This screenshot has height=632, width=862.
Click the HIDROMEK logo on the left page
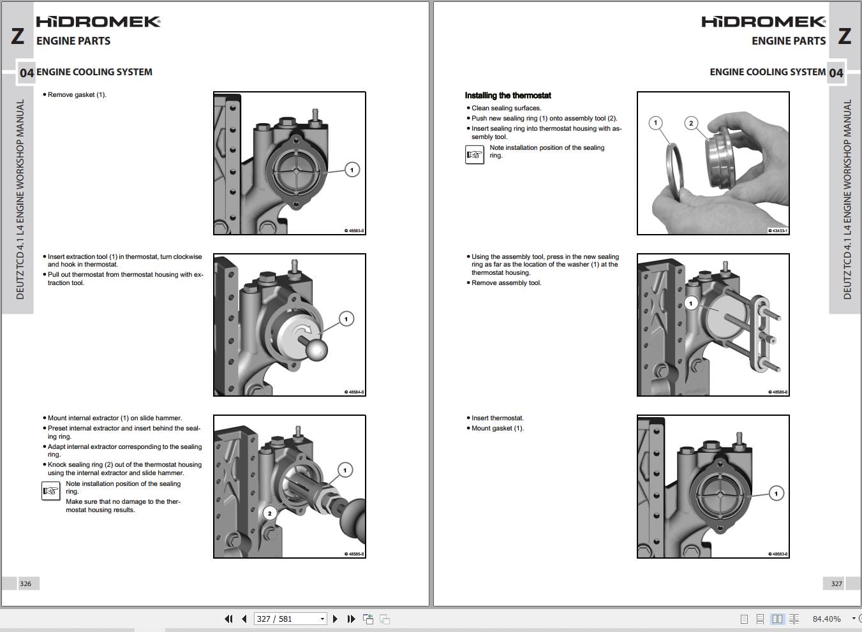98,22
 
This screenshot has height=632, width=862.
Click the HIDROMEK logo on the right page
763,22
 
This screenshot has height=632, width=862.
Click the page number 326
26,584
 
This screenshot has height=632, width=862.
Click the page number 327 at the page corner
836,584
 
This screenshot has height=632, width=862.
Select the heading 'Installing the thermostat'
508,96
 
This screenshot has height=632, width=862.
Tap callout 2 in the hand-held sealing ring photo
691,123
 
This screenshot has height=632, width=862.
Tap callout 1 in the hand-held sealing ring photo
655,123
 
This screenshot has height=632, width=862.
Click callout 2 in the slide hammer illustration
270,513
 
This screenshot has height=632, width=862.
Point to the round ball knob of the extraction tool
314,349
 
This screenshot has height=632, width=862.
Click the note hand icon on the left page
50,491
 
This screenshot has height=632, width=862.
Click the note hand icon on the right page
475,155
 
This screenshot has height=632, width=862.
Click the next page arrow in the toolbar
335,619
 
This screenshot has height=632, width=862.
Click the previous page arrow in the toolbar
244,619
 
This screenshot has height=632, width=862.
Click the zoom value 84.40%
826,619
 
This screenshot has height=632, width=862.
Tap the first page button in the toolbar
228,619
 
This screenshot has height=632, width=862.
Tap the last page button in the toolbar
351,619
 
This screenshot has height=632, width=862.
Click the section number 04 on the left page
26,73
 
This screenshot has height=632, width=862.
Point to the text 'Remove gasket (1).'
77,95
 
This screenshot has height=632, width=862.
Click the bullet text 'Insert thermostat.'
498,418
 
